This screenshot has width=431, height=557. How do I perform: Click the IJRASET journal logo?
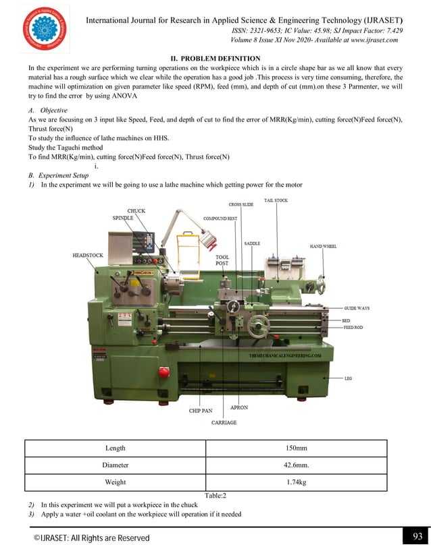(45, 29)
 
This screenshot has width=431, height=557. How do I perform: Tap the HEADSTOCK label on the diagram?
(88, 256)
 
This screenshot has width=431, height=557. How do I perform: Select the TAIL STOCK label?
(276, 200)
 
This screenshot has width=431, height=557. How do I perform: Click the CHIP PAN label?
(201, 410)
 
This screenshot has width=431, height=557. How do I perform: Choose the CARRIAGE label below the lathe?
(224, 422)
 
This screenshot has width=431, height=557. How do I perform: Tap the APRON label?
(239, 407)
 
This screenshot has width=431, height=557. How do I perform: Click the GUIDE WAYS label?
(357, 308)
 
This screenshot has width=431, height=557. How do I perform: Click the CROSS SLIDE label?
(240, 204)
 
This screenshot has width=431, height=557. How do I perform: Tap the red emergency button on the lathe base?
(163, 372)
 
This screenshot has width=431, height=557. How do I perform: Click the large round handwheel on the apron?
(257, 327)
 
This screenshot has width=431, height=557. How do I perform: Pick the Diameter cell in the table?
(115, 465)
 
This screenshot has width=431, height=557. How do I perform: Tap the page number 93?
(415, 537)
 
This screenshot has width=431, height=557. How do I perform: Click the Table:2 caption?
(215, 496)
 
